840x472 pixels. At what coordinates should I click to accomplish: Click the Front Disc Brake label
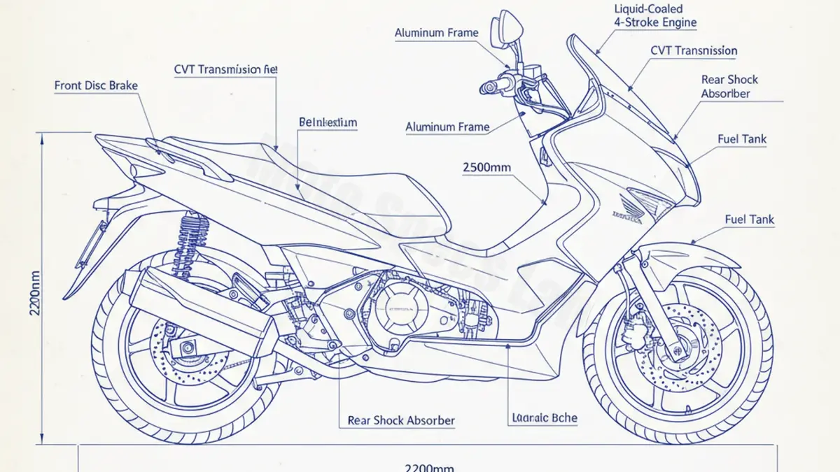click(96, 86)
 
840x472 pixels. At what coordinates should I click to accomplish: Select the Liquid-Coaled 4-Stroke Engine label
click(655, 15)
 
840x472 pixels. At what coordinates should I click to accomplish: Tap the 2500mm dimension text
click(487, 167)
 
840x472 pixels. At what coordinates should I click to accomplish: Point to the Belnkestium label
click(328, 122)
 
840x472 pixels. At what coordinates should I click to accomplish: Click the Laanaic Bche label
click(545, 418)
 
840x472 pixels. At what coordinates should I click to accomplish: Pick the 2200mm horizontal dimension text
click(429, 467)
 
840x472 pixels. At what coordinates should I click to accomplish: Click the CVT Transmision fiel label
click(225, 69)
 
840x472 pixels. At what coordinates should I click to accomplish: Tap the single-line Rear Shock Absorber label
click(401, 421)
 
